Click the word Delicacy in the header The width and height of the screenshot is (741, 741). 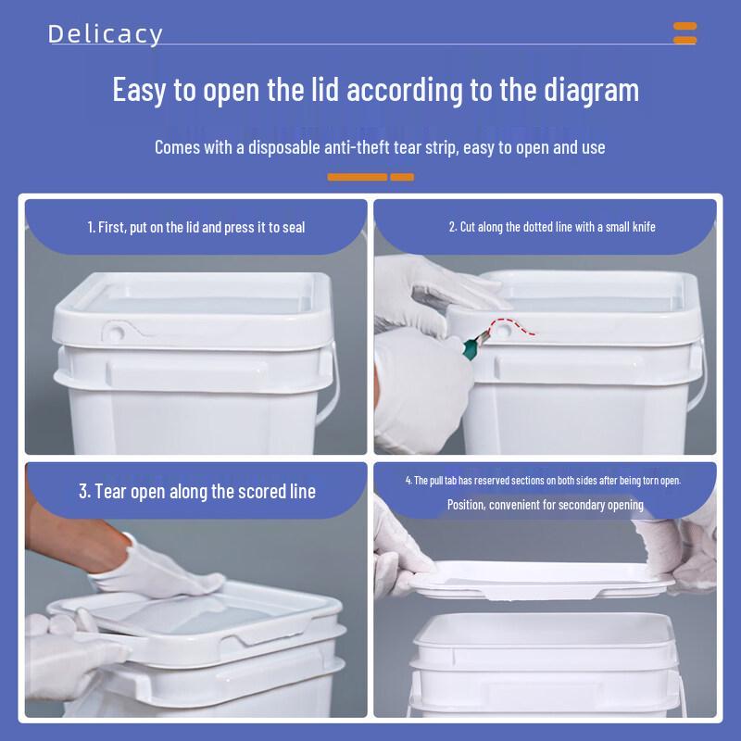coord(106,34)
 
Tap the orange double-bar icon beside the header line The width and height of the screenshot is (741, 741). coord(684,33)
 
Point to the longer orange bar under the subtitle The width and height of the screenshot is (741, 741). coord(358,177)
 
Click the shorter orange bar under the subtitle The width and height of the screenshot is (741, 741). coord(402,177)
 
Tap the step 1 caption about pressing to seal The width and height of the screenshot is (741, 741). coord(196,227)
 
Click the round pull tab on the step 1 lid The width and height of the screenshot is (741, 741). coord(114,333)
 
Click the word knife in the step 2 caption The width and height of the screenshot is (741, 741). coord(645,227)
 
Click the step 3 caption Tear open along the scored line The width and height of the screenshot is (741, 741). coord(197,492)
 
